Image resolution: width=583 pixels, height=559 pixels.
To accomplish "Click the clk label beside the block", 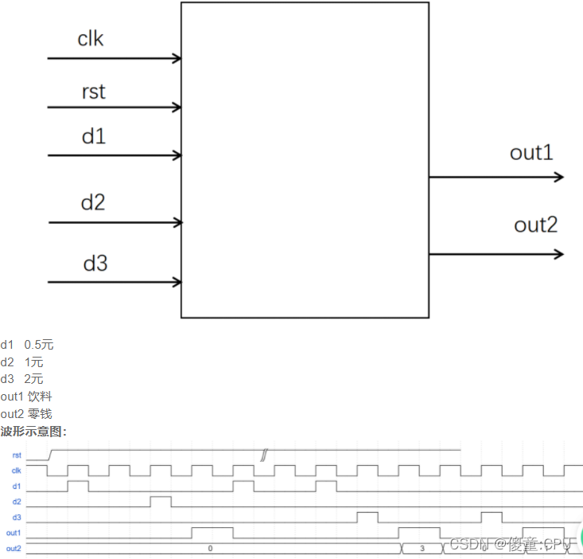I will tap(90, 38).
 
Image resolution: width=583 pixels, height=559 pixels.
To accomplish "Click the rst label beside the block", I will tap(93, 92).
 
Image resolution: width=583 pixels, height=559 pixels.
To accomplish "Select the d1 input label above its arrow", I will tap(93, 136).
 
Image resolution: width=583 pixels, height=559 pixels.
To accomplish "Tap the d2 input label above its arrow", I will tap(93, 202).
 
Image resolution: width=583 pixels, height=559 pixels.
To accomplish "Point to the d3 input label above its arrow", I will tap(95, 263).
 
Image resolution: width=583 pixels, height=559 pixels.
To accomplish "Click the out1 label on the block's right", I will tap(531, 153).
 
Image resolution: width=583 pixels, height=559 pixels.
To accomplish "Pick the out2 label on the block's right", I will tap(536, 225).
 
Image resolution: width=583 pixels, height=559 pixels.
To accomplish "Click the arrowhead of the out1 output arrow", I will tap(558, 177).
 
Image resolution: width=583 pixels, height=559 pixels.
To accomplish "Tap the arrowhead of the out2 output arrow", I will tap(558, 254).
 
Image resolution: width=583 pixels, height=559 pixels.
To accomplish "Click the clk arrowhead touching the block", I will tap(177, 58).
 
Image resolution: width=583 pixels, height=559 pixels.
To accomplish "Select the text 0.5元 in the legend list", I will tap(39, 345).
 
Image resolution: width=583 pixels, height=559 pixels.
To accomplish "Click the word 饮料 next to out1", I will tap(40, 396).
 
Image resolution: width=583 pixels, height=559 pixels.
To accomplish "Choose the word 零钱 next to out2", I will tap(40, 413).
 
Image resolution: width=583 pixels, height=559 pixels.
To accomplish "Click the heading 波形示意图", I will tap(33, 431).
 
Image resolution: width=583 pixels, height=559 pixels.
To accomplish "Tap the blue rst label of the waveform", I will tap(17, 455).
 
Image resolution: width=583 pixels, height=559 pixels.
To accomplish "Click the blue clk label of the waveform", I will tap(16, 471).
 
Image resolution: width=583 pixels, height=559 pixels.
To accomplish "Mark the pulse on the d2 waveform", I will tap(161, 501).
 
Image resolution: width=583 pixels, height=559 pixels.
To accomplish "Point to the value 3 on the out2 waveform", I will tap(422, 549).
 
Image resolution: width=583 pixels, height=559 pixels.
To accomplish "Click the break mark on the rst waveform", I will tap(264, 455).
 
